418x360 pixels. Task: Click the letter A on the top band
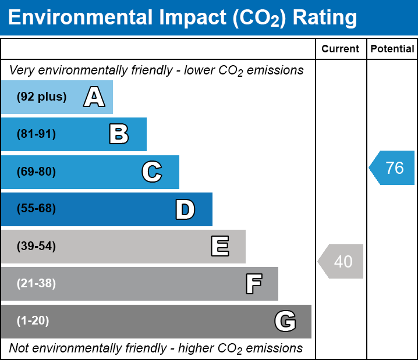coord(94,97)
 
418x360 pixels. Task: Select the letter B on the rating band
coord(119,134)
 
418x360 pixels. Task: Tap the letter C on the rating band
coord(152,172)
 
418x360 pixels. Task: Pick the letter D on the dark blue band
coord(185,209)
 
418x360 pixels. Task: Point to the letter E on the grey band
coord(219,247)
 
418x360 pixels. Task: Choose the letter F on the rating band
coord(253,284)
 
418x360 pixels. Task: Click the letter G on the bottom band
coord(285,321)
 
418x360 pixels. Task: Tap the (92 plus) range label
coord(41,97)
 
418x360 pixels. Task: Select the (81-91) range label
coord(36,134)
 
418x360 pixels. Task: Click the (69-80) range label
coord(36,172)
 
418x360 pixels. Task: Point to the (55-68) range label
coord(36,209)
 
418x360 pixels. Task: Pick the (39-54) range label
coord(36,247)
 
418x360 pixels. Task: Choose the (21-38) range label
coord(36,284)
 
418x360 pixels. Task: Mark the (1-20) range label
coord(33,321)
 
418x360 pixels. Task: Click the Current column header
coord(341,49)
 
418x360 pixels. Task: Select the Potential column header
coord(392,49)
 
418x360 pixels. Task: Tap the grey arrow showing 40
coord(341,262)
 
